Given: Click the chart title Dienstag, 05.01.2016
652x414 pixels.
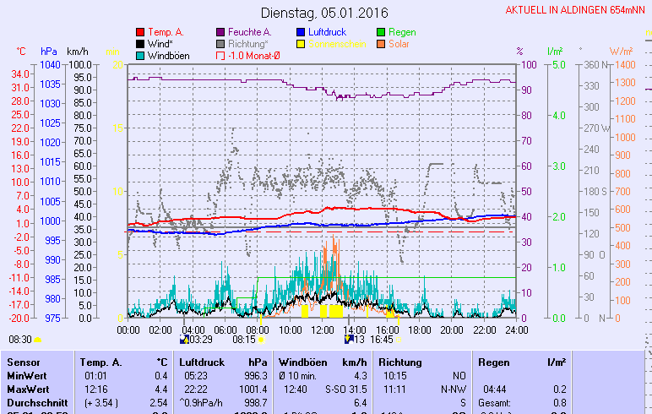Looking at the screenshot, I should (324, 14).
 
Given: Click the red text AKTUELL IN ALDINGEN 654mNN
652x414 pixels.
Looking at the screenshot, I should (577, 11).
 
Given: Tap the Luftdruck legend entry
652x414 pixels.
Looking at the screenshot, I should (332, 32).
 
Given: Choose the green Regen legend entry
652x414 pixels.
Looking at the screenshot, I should (414, 32).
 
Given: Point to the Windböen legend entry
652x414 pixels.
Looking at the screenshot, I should (161, 56).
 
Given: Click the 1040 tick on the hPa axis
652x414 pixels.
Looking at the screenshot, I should (49, 64).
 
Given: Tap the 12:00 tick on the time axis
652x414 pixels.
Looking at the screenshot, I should (322, 330).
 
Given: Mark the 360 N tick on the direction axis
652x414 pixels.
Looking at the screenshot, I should (591, 64).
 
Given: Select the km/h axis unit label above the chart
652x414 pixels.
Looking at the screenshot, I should (77, 52).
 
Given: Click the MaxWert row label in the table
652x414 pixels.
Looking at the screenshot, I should (26, 388).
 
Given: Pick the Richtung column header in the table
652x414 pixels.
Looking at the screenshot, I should (399, 362).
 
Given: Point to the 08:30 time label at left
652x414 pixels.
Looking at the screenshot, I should (19, 339).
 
